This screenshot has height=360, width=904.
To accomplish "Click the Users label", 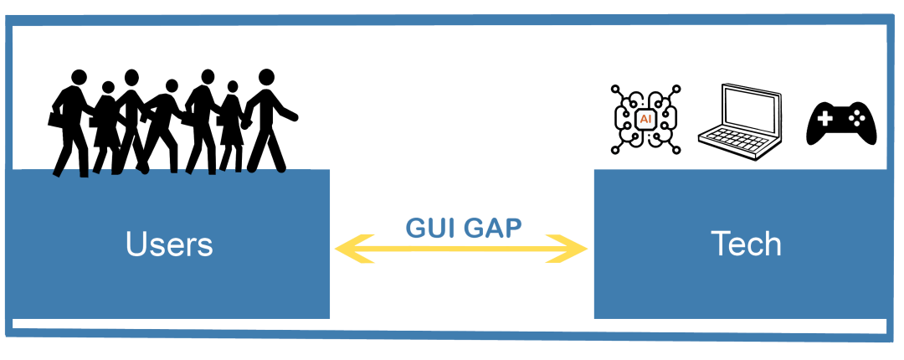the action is [x=169, y=244].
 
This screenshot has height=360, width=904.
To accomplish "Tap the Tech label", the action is [x=746, y=244].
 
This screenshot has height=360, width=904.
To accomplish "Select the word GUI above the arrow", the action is [x=434, y=228].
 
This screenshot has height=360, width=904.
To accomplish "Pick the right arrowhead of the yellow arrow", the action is [x=567, y=249].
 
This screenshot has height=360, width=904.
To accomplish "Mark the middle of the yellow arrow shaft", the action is [x=461, y=249].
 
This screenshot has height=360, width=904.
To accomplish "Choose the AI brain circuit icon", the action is [x=645, y=120].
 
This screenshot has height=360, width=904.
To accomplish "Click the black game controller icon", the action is [x=841, y=123].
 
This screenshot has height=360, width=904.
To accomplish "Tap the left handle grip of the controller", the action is [x=814, y=134].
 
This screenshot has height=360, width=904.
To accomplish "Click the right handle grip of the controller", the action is [x=869, y=134].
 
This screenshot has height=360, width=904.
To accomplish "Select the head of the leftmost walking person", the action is [x=79, y=77].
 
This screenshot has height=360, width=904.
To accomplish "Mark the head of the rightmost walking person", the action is [x=266, y=77].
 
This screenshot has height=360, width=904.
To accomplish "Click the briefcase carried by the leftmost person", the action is [x=54, y=119].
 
